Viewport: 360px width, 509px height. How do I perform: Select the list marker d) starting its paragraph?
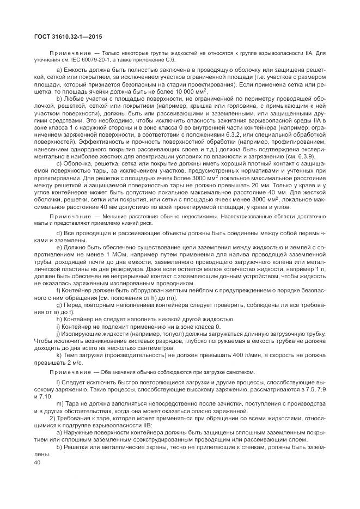click(x=59, y=233)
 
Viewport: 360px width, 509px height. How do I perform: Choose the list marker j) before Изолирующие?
click(x=58, y=333)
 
